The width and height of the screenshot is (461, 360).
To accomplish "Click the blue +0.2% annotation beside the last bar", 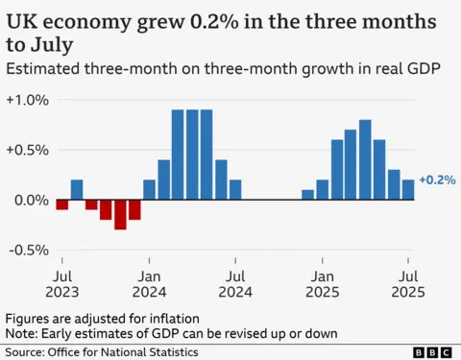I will pos(436,180).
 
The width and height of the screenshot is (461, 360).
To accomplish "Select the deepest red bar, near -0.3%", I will pos(120,214).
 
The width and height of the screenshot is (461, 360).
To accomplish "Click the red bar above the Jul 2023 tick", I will pos(62,204).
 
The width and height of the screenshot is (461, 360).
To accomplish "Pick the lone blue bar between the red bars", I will pos(77,190).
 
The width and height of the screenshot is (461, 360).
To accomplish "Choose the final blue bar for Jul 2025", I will pos(408,190).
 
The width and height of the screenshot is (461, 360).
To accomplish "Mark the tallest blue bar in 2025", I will pos(365,160).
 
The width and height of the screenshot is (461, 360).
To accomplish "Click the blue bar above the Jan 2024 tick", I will pos(149,190).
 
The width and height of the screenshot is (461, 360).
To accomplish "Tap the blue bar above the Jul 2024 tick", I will pos(235,190).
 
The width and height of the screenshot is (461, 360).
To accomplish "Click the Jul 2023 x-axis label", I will pos(62,282).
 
